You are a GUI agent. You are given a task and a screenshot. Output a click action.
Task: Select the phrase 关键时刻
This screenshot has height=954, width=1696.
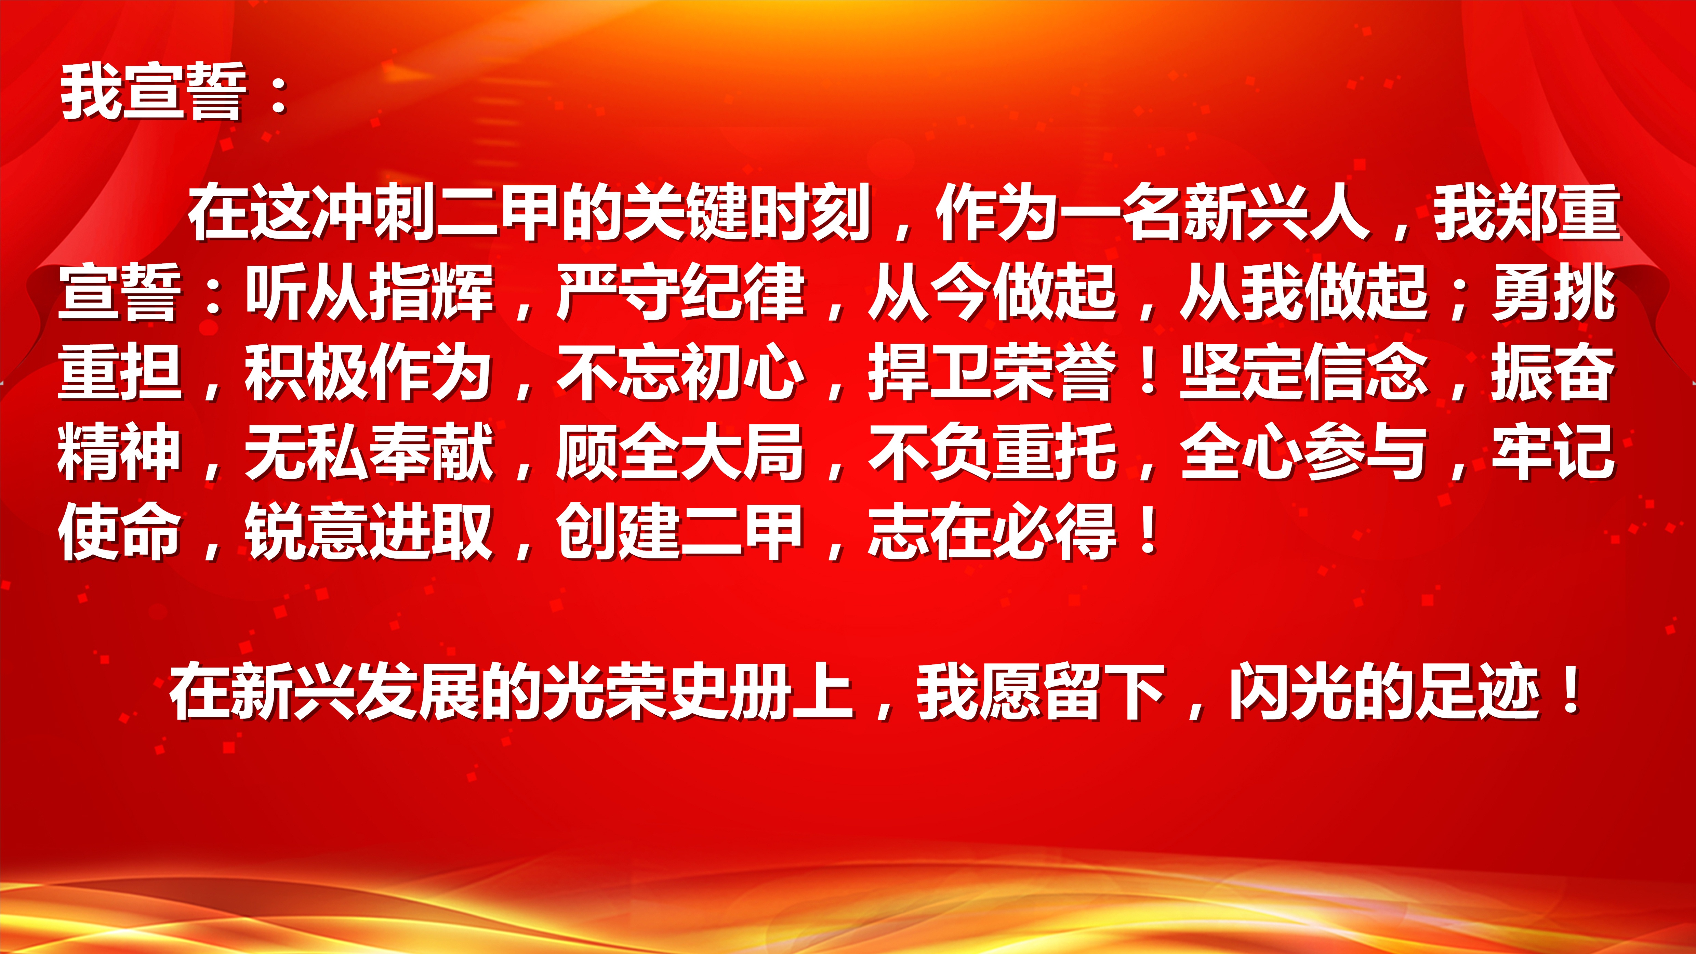coord(747,212)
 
